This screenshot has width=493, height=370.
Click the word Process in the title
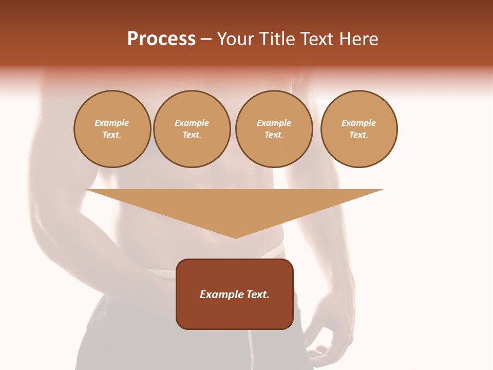coord(161,39)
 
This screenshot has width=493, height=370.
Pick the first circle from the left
coord(112,129)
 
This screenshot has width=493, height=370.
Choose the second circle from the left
coord(192,129)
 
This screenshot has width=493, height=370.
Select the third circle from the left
coord(274,129)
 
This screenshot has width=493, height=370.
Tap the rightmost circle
coord(358,129)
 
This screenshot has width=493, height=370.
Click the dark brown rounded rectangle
coord(235,313)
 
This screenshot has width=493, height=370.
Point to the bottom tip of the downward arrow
coord(235,237)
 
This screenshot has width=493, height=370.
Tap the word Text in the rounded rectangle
coord(258,294)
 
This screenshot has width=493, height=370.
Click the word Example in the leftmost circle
coord(112,123)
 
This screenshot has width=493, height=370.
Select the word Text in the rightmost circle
coord(358,135)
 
